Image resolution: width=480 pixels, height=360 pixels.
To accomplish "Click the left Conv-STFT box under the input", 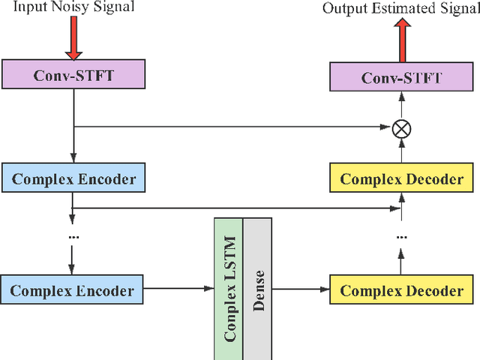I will (73, 75).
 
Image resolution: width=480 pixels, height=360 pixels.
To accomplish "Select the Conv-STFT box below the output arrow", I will (401, 77).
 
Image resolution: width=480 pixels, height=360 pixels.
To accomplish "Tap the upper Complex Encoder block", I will (73, 180).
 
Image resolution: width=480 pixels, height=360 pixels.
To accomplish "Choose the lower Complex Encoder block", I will (73, 290).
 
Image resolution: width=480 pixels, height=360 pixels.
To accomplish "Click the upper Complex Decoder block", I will (401, 180).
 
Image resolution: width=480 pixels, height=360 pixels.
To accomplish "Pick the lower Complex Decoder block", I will (401, 290).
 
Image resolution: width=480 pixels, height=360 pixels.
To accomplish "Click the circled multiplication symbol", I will (401, 128).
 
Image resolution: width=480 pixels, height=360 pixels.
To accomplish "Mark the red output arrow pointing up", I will (401, 39).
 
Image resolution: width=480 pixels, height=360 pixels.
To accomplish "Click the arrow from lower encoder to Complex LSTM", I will (180, 288).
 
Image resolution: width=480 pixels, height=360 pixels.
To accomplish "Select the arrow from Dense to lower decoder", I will (300, 288).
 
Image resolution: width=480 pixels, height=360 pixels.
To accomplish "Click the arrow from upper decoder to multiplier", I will (401, 151).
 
